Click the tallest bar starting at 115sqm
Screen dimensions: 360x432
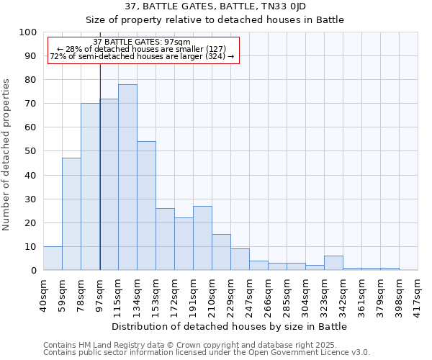127,177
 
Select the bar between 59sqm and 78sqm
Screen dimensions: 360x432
71,214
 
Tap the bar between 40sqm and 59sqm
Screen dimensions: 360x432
53,258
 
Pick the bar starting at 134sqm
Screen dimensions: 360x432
146,206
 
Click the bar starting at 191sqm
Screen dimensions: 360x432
202,238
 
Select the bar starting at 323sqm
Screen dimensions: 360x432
333,263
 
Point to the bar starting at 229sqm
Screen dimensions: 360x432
240,259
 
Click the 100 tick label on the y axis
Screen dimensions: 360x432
27,32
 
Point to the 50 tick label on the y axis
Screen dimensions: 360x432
30,151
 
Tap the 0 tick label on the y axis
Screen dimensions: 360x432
33,270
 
